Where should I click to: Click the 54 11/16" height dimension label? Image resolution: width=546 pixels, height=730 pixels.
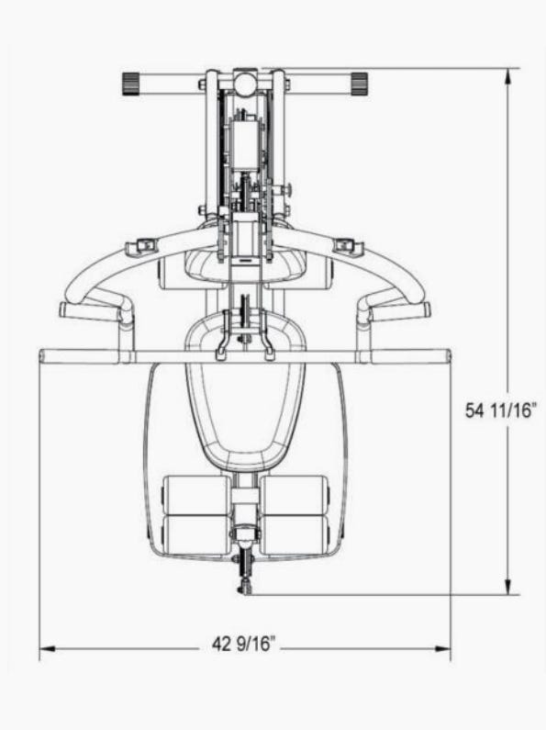(501, 410)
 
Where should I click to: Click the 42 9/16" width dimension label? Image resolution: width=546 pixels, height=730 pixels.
(244, 645)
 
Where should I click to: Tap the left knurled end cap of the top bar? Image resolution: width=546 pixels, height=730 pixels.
(131, 84)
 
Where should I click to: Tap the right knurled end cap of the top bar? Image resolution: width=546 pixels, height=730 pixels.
(360, 84)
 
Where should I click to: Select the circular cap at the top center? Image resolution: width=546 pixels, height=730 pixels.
(245, 83)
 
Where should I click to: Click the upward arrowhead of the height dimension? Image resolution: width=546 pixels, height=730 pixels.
(509, 78)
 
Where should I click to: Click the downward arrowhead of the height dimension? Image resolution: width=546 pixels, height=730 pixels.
(509, 585)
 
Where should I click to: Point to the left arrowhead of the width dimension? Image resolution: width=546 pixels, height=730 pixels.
(48, 648)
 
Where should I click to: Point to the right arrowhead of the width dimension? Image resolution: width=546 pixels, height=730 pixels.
(441, 648)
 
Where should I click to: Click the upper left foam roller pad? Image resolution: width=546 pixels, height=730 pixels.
(195, 494)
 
